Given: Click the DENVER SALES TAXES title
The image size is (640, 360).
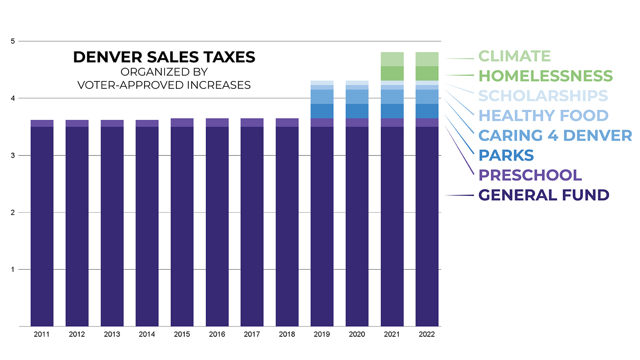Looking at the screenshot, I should pyautogui.click(x=164, y=57).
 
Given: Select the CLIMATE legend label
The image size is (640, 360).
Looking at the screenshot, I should pyautogui.click(x=514, y=56).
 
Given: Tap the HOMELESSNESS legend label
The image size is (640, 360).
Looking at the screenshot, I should pyautogui.click(x=545, y=76).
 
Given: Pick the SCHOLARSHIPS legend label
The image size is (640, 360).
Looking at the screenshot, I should pyautogui.click(x=543, y=96).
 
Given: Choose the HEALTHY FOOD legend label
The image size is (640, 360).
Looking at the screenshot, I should pyautogui.click(x=543, y=116).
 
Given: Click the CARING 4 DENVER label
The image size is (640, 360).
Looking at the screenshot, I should pyautogui.click(x=555, y=135).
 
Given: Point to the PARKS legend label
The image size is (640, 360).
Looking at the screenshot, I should pyautogui.click(x=506, y=155).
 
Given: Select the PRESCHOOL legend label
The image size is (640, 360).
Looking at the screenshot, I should pyautogui.click(x=530, y=175).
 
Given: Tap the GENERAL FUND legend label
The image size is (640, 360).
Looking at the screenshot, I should pyautogui.click(x=544, y=195).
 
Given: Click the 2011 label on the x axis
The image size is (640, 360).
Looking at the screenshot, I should pyautogui.click(x=42, y=334).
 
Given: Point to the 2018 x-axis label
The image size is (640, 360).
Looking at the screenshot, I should pyautogui.click(x=287, y=334).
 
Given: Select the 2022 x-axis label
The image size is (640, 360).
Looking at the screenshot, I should pyautogui.click(x=427, y=334).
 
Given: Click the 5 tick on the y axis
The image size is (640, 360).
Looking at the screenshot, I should pyautogui.click(x=13, y=41).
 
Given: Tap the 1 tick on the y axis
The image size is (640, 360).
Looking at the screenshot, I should pyautogui.click(x=13, y=269).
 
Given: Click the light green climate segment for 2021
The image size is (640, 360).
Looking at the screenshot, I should pyautogui.click(x=392, y=59).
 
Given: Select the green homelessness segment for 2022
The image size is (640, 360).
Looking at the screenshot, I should pyautogui.click(x=427, y=73).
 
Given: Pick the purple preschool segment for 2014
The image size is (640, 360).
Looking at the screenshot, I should pyautogui.click(x=147, y=123).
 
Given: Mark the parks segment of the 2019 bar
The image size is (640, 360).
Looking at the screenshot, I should pyautogui.click(x=322, y=111).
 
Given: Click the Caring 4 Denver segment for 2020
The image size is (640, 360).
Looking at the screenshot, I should pyautogui.click(x=357, y=97).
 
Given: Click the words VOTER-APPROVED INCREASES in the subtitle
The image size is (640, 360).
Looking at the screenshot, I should pyautogui.click(x=164, y=85).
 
